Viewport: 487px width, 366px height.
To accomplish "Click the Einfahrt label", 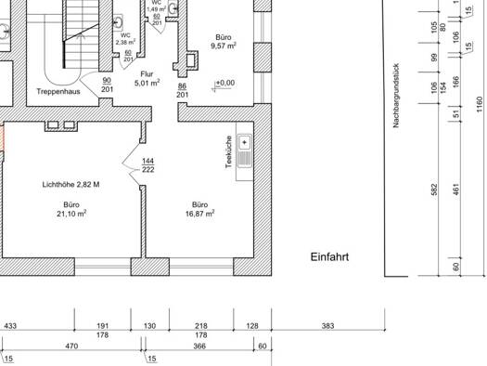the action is click(329, 257).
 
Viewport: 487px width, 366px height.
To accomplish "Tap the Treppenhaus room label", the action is click(58, 91).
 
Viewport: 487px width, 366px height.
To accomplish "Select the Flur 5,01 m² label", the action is click(147, 79).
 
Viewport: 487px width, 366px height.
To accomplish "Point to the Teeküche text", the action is click(229, 152).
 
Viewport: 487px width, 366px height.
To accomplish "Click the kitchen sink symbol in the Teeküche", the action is click(245, 150).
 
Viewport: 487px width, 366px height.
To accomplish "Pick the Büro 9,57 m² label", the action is click(224, 42).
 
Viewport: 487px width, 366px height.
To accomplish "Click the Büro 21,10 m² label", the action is click(71, 209).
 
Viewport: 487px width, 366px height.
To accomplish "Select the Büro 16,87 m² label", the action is click(200, 209).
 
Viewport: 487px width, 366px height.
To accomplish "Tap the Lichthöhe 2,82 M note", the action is click(70, 185).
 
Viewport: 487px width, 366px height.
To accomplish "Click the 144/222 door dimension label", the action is click(147, 165).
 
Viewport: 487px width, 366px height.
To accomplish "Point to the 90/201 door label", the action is click(107, 85).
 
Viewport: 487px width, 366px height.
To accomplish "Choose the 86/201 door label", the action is click(183, 90).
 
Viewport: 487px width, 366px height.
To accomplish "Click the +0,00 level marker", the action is click(224, 84).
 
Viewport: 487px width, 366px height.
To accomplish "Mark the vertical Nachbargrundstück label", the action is click(396, 96).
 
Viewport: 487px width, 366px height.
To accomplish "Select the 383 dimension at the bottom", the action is click(328, 325).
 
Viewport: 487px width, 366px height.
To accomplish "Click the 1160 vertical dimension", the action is click(480, 105).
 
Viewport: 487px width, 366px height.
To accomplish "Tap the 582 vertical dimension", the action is click(434, 190).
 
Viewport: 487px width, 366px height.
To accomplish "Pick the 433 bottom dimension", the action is click(10, 325).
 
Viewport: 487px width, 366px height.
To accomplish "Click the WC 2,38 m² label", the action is click(125, 39).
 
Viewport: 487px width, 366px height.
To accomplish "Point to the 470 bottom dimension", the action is click(71, 346).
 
